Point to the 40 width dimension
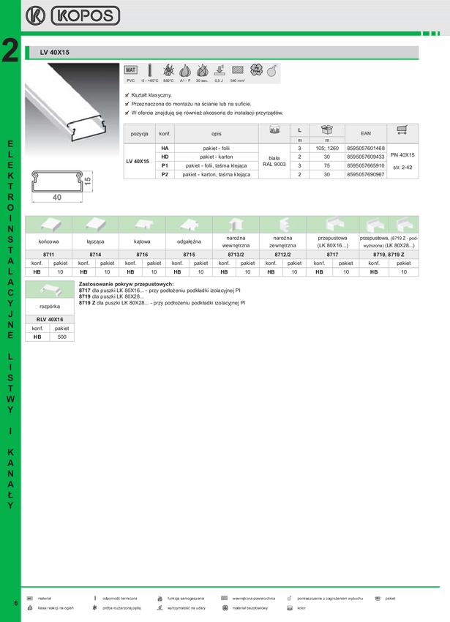(x=57, y=197)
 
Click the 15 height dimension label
(x=87, y=180)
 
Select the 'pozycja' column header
(x=139, y=135)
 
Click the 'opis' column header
(x=216, y=135)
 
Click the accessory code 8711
(x=49, y=254)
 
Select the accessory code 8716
(x=142, y=254)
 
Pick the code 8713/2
(x=236, y=254)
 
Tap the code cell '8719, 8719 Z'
(x=387, y=254)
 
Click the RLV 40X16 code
(x=50, y=320)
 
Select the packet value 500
(x=62, y=337)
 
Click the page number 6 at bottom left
(x=15, y=602)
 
